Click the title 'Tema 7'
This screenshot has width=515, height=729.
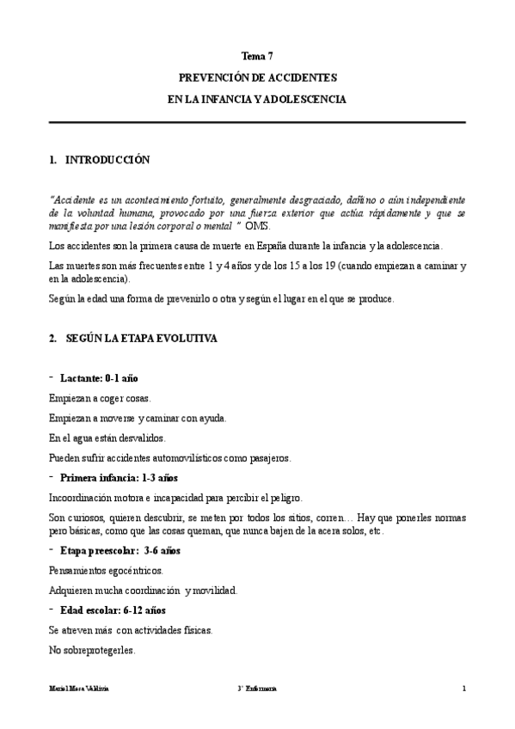pos(257,56)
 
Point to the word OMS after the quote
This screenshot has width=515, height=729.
pos(257,225)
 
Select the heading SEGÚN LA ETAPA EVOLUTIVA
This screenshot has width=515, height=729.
pos(142,339)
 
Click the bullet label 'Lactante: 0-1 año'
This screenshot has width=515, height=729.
pos(99,378)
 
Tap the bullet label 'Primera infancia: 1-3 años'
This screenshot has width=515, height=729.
pos(119,477)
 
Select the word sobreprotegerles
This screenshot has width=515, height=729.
pos(101,650)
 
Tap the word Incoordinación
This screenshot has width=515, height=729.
pos(86,498)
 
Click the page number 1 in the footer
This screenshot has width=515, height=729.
pos(463,689)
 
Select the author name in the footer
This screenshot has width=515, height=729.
pos(79,689)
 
